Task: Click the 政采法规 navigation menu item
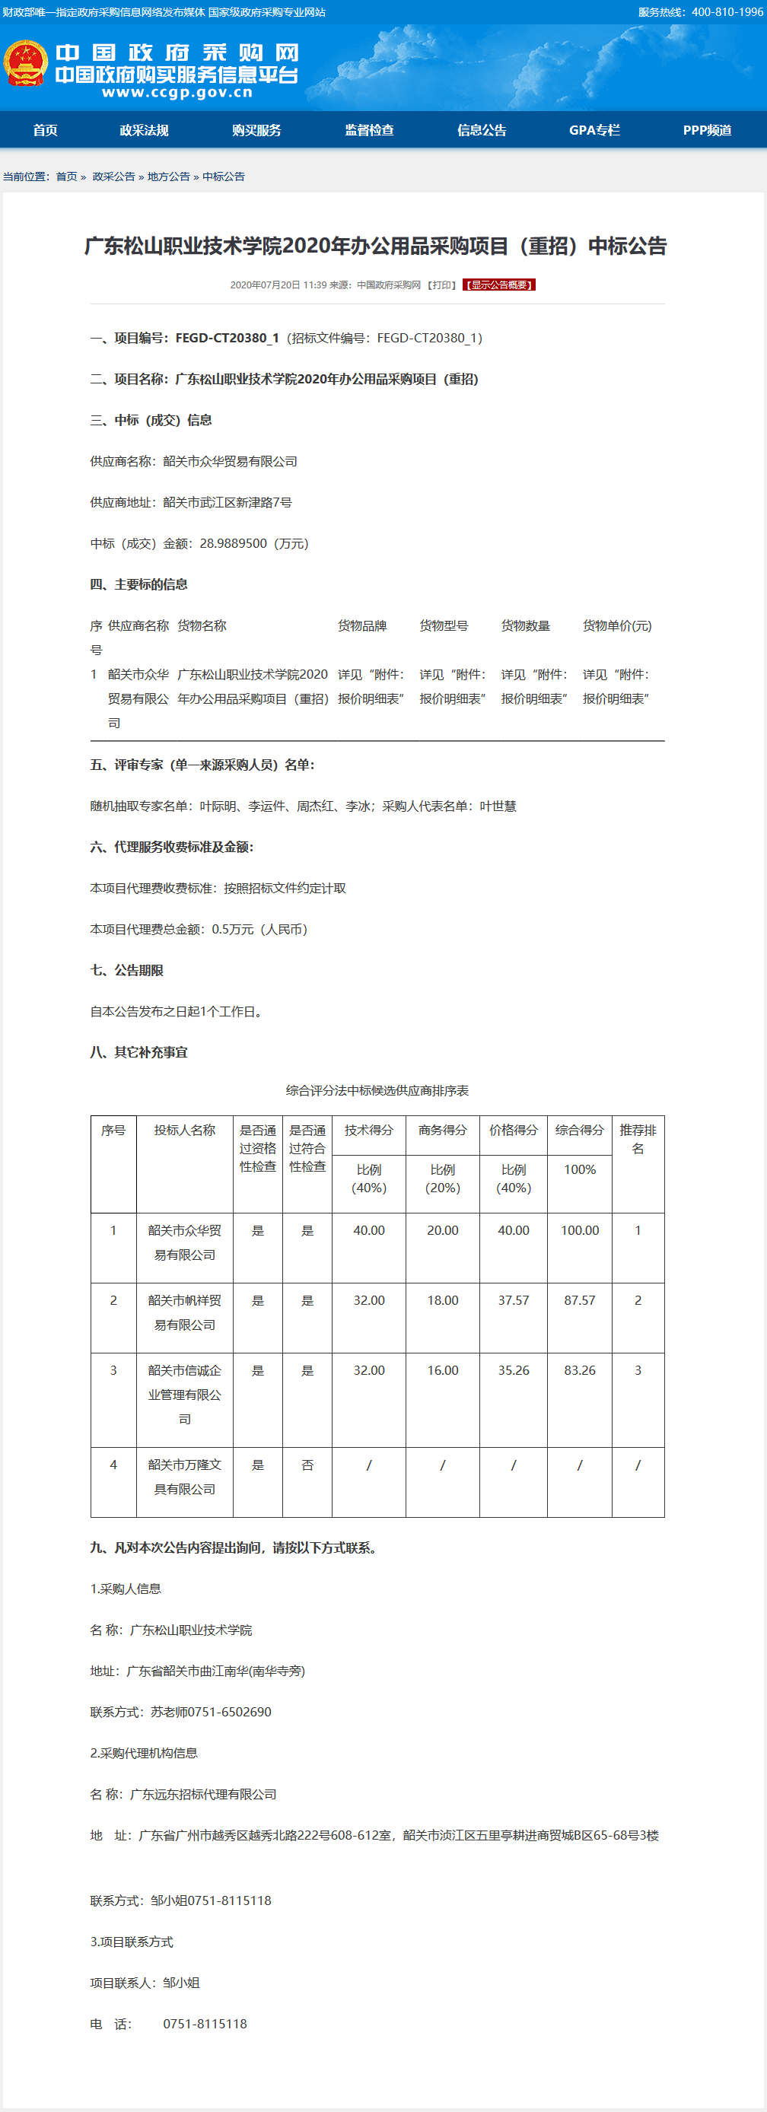coord(144,130)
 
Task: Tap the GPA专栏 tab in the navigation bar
coord(594,130)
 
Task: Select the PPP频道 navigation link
coord(706,130)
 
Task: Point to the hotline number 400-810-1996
coord(727,12)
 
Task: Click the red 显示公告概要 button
coord(498,285)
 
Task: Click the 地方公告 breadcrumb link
coord(168,177)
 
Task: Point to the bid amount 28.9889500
coord(233,543)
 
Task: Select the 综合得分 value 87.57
coord(579,1300)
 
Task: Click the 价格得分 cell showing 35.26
coord(514,1370)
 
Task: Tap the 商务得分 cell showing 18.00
coord(442,1300)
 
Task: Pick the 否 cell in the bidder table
coord(307,1465)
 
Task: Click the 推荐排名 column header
coord(638,1139)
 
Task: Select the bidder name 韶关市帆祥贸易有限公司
coord(185,1312)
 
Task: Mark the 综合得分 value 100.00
coord(579,1231)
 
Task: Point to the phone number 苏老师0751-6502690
coord(211,1712)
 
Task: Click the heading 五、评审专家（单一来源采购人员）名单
coord(202,765)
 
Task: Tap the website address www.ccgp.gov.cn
coord(177,93)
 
